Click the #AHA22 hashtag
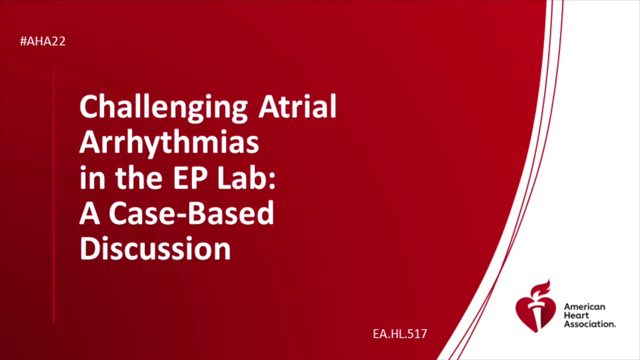(43, 41)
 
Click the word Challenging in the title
(164, 108)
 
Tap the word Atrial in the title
(298, 106)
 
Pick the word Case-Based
(191, 213)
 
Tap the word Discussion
(155, 248)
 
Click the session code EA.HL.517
(400, 334)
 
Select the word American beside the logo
(584, 307)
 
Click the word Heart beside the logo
(576, 315)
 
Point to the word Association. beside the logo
(590, 324)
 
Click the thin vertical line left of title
(54, 195)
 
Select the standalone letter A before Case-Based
(90, 213)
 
